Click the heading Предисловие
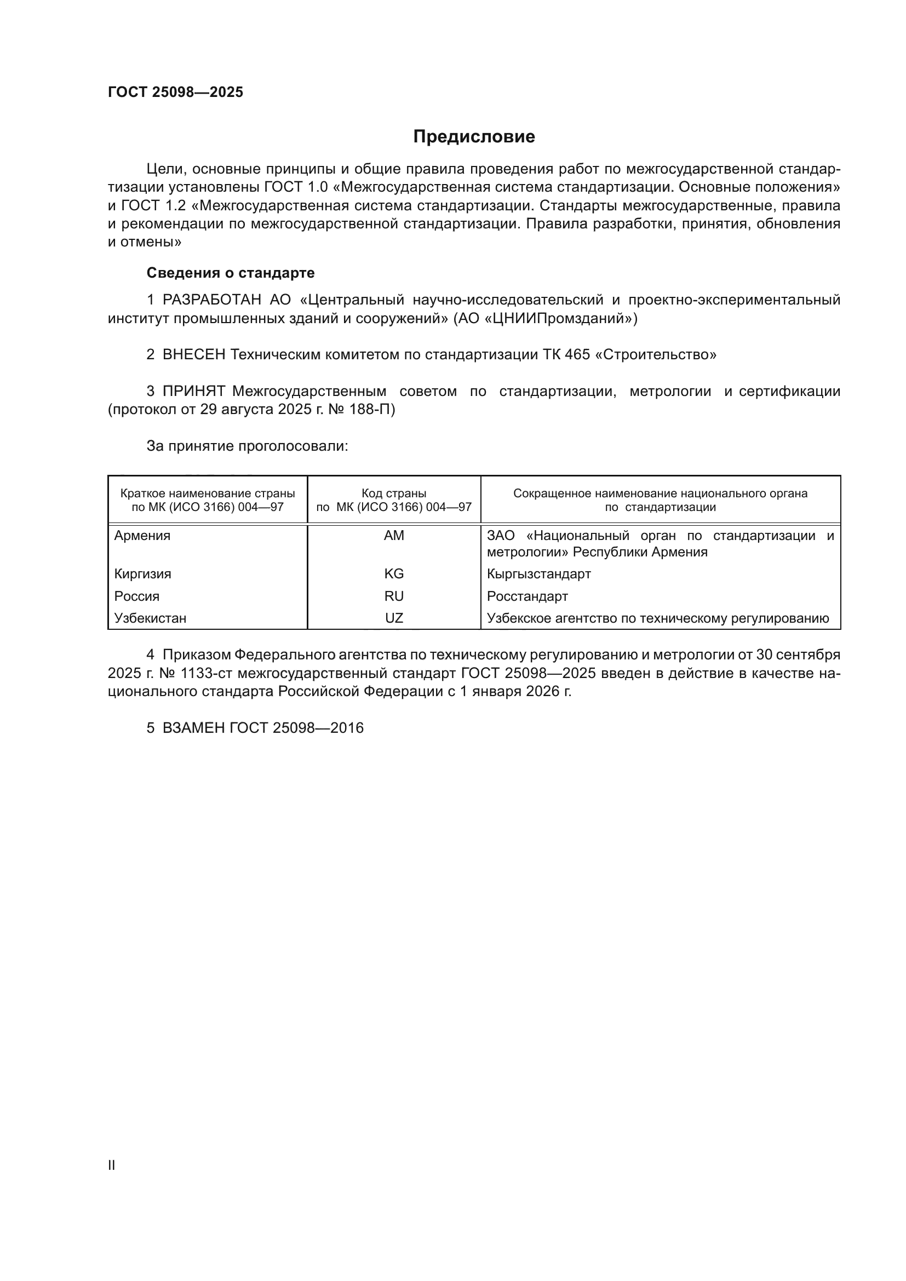click(x=474, y=137)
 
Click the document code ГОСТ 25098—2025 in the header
click(x=175, y=92)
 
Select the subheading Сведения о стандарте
click(x=231, y=273)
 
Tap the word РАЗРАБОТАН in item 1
click(x=211, y=300)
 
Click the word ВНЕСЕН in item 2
click(x=193, y=355)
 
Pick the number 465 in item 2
click(x=577, y=355)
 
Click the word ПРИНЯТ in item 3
click(x=193, y=392)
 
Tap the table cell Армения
click(x=142, y=536)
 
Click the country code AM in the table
click(x=394, y=536)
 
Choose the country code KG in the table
click(x=394, y=574)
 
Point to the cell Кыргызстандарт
click(x=538, y=574)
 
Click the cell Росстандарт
click(x=527, y=596)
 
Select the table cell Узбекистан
click(x=150, y=618)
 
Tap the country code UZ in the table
click(x=394, y=618)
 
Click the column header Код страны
click(x=394, y=494)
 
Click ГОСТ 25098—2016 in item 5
click(x=296, y=728)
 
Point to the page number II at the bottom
click(x=112, y=1165)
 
